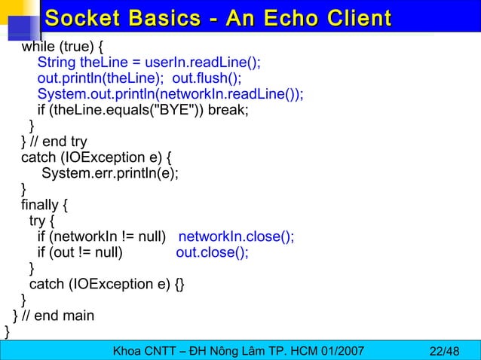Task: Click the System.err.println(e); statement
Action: (110, 173)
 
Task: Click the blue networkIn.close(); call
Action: (236, 236)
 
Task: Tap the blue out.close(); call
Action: (212, 252)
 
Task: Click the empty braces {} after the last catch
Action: (178, 284)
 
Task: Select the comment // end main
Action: (63, 316)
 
